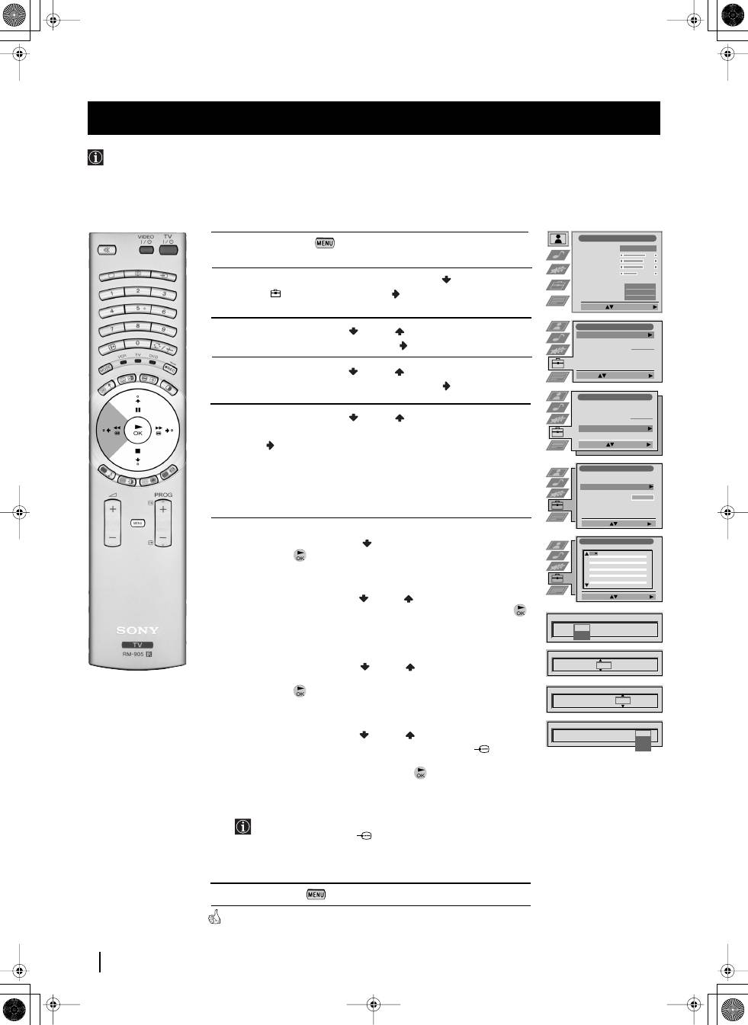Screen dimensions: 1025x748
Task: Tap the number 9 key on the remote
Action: point(162,330)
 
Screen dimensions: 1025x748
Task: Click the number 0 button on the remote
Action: point(137,344)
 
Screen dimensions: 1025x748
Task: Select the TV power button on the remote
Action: point(168,250)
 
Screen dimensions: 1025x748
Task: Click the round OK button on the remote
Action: point(137,430)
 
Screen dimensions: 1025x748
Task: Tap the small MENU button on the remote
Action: point(137,523)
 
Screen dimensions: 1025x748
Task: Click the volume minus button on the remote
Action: point(113,537)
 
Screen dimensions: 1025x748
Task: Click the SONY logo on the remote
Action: point(137,630)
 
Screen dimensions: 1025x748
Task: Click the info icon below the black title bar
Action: point(95,158)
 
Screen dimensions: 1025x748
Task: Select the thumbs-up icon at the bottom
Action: point(214,918)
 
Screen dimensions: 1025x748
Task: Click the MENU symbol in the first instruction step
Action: point(324,242)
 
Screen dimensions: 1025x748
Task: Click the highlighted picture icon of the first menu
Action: point(558,239)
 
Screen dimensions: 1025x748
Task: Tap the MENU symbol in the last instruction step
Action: point(316,894)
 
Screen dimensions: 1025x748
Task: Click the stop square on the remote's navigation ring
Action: point(137,451)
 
